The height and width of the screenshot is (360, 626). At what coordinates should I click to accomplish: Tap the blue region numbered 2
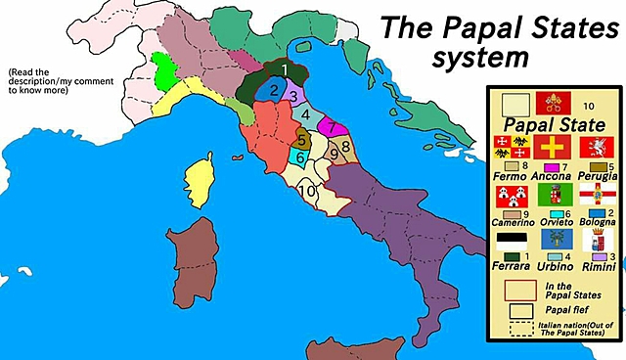(275, 92)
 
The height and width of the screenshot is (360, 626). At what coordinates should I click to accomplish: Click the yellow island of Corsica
(206, 180)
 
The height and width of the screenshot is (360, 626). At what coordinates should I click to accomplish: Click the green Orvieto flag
(555, 195)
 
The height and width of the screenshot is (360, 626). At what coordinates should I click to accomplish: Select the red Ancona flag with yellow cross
(554, 150)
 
